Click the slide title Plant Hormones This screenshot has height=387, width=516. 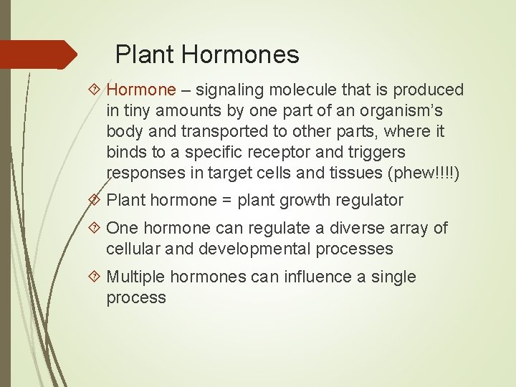(x=207, y=54)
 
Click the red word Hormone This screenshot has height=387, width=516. (x=140, y=90)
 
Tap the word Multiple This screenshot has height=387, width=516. (x=138, y=277)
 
